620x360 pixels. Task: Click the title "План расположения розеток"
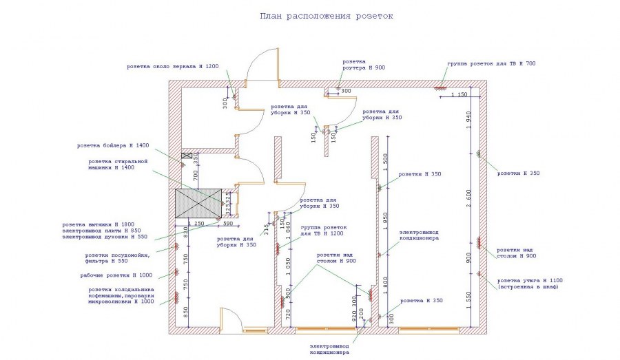click(x=326, y=15)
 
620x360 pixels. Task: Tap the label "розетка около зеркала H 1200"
click(x=172, y=67)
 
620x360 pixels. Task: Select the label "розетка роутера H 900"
click(x=364, y=65)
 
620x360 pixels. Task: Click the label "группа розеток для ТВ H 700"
click(x=490, y=63)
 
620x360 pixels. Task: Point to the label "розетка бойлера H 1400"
click(x=112, y=145)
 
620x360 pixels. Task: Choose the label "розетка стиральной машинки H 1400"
click(x=118, y=164)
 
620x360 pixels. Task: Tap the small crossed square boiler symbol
click(x=185, y=157)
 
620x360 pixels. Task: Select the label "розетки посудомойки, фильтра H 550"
click(x=120, y=257)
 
